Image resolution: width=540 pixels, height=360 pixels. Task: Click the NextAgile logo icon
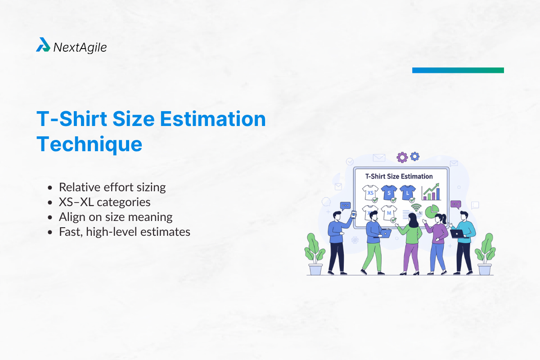pyautogui.click(x=43, y=45)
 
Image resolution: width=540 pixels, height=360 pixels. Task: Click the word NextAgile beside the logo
pyautogui.click(x=80, y=47)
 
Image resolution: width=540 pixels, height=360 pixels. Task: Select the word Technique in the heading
pyautogui.click(x=89, y=144)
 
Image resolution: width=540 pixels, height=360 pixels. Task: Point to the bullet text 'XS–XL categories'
pyautogui.click(x=104, y=202)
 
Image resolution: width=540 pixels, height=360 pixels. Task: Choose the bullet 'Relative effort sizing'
pyautogui.click(x=112, y=187)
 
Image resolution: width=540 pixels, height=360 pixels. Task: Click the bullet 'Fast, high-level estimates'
pyautogui.click(x=124, y=232)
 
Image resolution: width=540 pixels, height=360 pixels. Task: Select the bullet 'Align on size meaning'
pyautogui.click(x=116, y=217)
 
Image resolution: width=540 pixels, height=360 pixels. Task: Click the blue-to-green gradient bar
pyautogui.click(x=458, y=70)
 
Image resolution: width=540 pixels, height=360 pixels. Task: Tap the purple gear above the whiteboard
pyautogui.click(x=402, y=157)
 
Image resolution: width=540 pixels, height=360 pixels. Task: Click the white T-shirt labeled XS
pyautogui.click(x=371, y=193)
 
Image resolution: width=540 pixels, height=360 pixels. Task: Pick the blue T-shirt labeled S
pyautogui.click(x=389, y=193)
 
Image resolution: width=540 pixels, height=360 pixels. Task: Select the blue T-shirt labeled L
pyautogui.click(x=407, y=193)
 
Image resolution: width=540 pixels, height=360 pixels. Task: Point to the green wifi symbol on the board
pyautogui.click(x=416, y=208)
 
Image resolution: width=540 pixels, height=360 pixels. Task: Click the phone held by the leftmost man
pyautogui.click(x=353, y=214)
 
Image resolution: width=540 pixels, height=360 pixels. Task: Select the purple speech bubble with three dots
pyautogui.click(x=455, y=204)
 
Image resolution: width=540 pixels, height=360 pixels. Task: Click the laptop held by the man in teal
pyautogui.click(x=457, y=234)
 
